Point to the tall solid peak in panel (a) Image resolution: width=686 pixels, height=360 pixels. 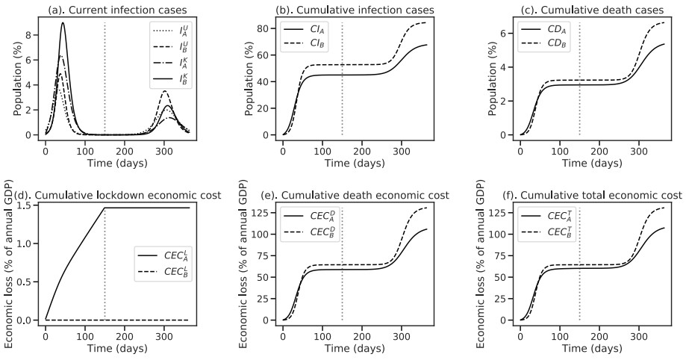click(x=63, y=23)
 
